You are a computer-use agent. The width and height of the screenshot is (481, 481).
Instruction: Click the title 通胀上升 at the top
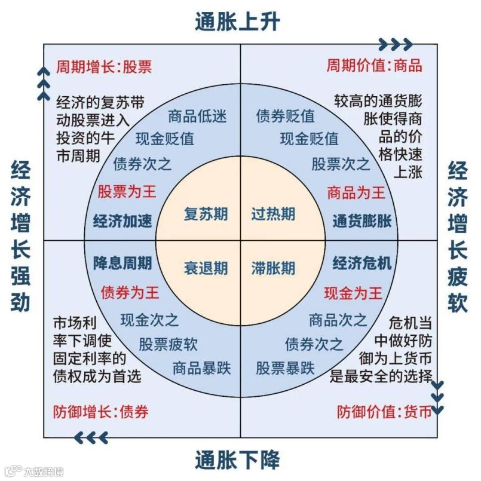[x=237, y=23]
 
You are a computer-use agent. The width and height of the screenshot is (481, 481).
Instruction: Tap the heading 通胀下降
[x=237, y=459]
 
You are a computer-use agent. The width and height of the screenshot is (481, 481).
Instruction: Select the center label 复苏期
[x=206, y=214]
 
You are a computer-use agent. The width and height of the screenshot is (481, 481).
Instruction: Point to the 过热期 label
[x=273, y=214]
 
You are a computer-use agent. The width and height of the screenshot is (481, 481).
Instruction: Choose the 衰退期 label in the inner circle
[x=206, y=268]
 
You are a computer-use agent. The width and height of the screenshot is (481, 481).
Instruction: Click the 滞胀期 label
[x=273, y=268]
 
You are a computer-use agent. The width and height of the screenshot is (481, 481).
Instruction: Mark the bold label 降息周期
[x=122, y=263]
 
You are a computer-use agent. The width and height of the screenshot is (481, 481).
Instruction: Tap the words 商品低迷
[x=197, y=116]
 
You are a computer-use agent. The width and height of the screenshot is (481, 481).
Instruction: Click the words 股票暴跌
[x=285, y=367]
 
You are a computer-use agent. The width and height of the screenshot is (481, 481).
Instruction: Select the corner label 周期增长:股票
[x=104, y=66]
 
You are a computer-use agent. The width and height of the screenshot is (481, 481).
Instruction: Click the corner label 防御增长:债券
[x=100, y=412]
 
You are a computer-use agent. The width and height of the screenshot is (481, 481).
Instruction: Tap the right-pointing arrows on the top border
[x=397, y=44]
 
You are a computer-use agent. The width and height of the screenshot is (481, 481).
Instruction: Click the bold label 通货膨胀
[x=362, y=221]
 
